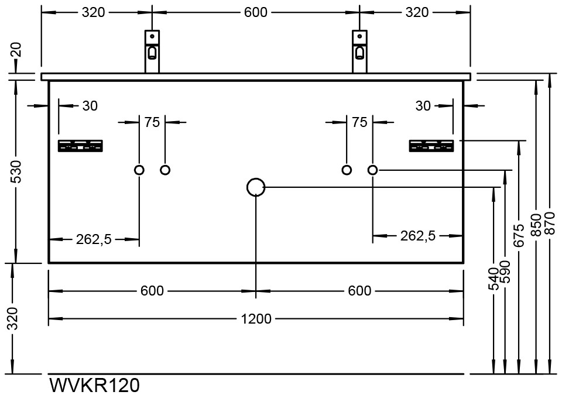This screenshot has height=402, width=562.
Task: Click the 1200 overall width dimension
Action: [x=256, y=319]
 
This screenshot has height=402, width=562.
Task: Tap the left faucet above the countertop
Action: [x=152, y=51]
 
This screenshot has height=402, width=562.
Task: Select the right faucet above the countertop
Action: [x=359, y=51]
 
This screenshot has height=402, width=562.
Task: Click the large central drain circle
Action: [x=256, y=187]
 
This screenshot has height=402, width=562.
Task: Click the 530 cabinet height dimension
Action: [x=16, y=172]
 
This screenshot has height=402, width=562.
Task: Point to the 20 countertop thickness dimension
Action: [x=16, y=49]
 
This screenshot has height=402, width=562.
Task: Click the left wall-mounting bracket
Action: [x=81, y=146]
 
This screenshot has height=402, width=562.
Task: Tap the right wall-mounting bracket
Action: [x=431, y=146]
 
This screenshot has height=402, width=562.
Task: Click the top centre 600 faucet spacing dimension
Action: [x=256, y=12]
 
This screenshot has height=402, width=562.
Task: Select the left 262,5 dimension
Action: [x=94, y=239]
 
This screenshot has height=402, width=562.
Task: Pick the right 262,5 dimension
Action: [x=418, y=236]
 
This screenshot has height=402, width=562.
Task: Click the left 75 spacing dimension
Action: [x=152, y=122]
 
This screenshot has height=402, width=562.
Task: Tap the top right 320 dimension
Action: [x=416, y=12]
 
